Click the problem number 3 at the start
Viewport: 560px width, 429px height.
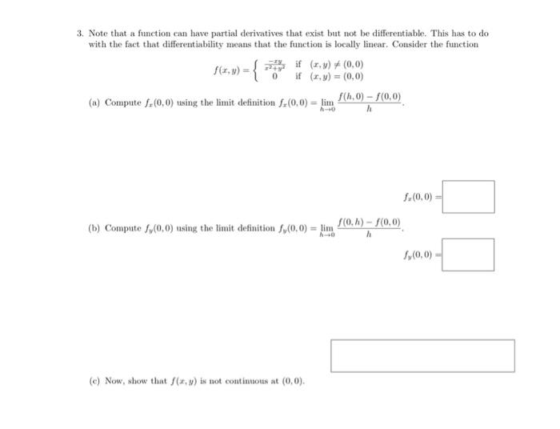[80, 34]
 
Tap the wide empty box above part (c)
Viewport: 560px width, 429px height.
[422, 355]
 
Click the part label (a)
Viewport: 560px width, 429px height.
[94, 103]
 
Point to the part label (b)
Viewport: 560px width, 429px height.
[94, 228]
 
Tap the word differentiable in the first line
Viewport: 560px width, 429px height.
[390, 34]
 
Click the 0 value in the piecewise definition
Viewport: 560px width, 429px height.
[276, 78]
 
